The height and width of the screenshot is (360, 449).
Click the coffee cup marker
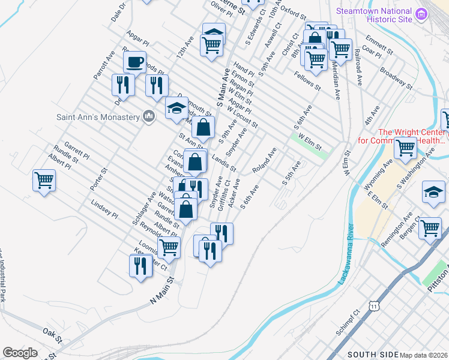(x=134, y=62)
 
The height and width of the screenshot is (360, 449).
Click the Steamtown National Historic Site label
(x=375, y=14)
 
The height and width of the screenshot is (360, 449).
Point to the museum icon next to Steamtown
(x=421, y=14)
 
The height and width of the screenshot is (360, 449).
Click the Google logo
(x=20, y=352)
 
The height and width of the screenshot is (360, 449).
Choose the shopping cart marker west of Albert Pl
(x=44, y=180)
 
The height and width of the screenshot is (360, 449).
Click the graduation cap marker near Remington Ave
(x=433, y=191)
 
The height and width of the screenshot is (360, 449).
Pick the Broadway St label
(x=396, y=78)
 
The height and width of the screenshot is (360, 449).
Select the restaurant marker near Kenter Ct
(x=140, y=265)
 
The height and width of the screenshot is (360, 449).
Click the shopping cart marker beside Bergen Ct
(x=430, y=228)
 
